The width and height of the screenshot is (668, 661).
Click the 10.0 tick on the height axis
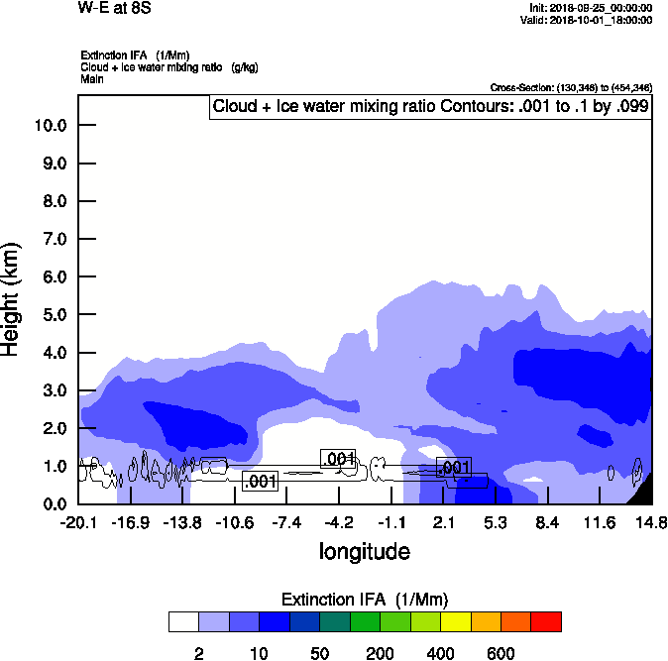point(50,126)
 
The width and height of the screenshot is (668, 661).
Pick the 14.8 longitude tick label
point(651,522)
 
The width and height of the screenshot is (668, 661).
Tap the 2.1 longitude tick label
point(444,522)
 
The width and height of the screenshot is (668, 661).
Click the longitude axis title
point(364,550)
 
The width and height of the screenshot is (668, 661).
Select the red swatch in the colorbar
point(546,621)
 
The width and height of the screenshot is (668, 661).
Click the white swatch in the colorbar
point(182,621)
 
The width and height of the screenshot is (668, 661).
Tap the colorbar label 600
point(501,653)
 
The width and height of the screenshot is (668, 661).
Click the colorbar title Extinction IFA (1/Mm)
point(364,600)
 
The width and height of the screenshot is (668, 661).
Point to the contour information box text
point(431,107)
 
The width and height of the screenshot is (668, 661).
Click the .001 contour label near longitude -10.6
point(259,482)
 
